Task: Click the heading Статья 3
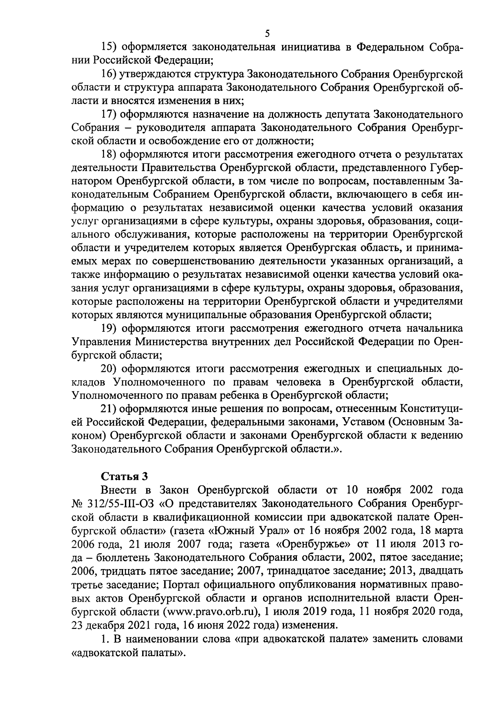[124, 476]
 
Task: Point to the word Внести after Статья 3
[120, 490]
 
